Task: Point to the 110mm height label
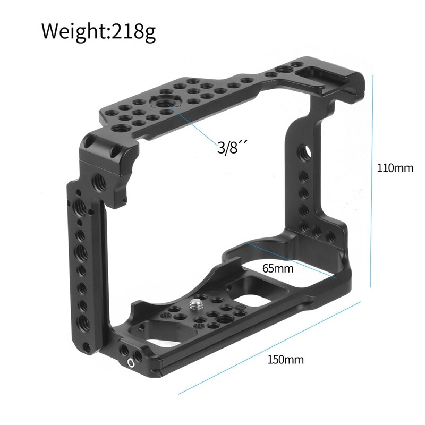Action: [x=395, y=169]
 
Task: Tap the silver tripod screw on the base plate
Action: [x=194, y=305]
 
